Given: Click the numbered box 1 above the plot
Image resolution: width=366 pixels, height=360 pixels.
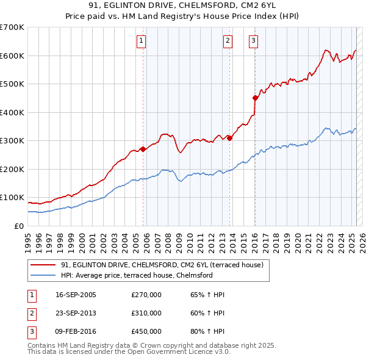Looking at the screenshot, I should point(141,41).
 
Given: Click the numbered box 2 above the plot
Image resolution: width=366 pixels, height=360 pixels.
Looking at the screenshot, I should point(228,41).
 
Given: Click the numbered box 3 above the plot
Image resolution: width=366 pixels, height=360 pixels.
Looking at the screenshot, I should point(253,41).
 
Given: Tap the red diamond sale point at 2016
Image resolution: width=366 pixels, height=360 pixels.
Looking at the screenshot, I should point(255,98).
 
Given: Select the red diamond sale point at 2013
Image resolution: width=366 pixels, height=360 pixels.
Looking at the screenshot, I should point(229,138).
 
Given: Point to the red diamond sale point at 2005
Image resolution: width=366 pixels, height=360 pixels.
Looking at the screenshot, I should point(143,148).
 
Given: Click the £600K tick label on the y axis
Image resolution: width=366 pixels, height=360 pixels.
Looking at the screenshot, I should point(12,56).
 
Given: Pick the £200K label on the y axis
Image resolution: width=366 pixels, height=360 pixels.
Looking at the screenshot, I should point(12,169).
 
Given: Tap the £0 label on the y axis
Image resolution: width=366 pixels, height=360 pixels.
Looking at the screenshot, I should point(19,226).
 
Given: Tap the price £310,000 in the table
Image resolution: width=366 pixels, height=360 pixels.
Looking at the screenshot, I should point(146,313).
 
